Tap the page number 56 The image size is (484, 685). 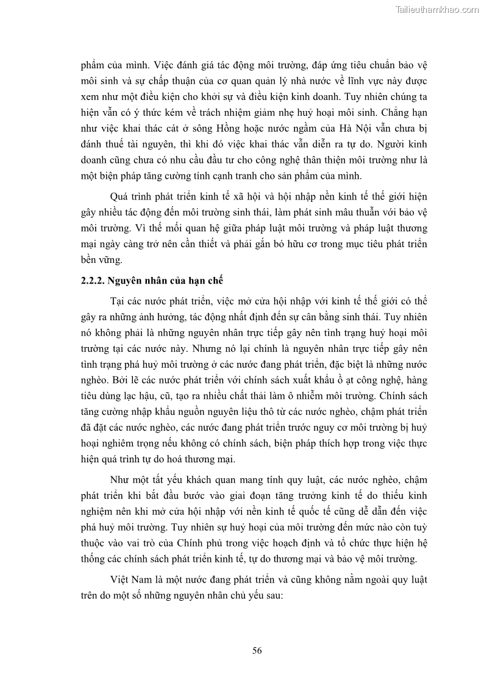coord(257,650)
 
